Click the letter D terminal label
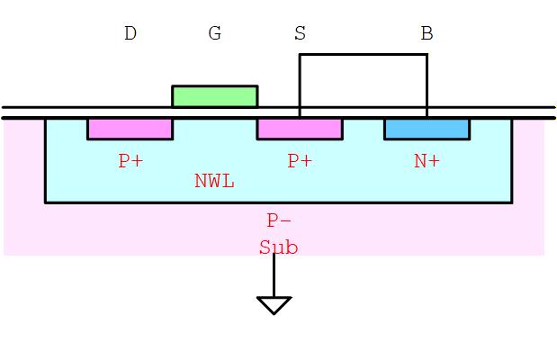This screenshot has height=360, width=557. (x=130, y=34)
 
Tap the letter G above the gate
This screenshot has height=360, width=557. (x=214, y=34)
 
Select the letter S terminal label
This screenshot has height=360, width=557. (x=300, y=34)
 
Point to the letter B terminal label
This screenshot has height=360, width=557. (x=427, y=34)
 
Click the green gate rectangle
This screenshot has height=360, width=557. (x=214, y=96)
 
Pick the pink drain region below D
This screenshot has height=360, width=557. (x=130, y=129)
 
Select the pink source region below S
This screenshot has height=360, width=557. (x=300, y=129)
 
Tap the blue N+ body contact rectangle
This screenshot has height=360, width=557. (x=427, y=129)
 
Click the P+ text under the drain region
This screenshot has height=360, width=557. (x=130, y=161)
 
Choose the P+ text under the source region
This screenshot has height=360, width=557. (x=300, y=161)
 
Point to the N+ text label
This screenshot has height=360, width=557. (x=427, y=161)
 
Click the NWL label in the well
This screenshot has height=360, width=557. (x=214, y=181)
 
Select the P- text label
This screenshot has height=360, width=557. (x=279, y=220)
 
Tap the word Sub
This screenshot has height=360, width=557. (x=278, y=247)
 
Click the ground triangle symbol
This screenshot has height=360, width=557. (x=274, y=305)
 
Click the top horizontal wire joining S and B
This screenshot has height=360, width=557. (x=363, y=55)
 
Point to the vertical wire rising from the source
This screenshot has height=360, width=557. (x=300, y=85)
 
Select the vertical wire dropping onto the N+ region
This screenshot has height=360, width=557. (x=427, y=85)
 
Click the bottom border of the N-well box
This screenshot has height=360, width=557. (x=278, y=202)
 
